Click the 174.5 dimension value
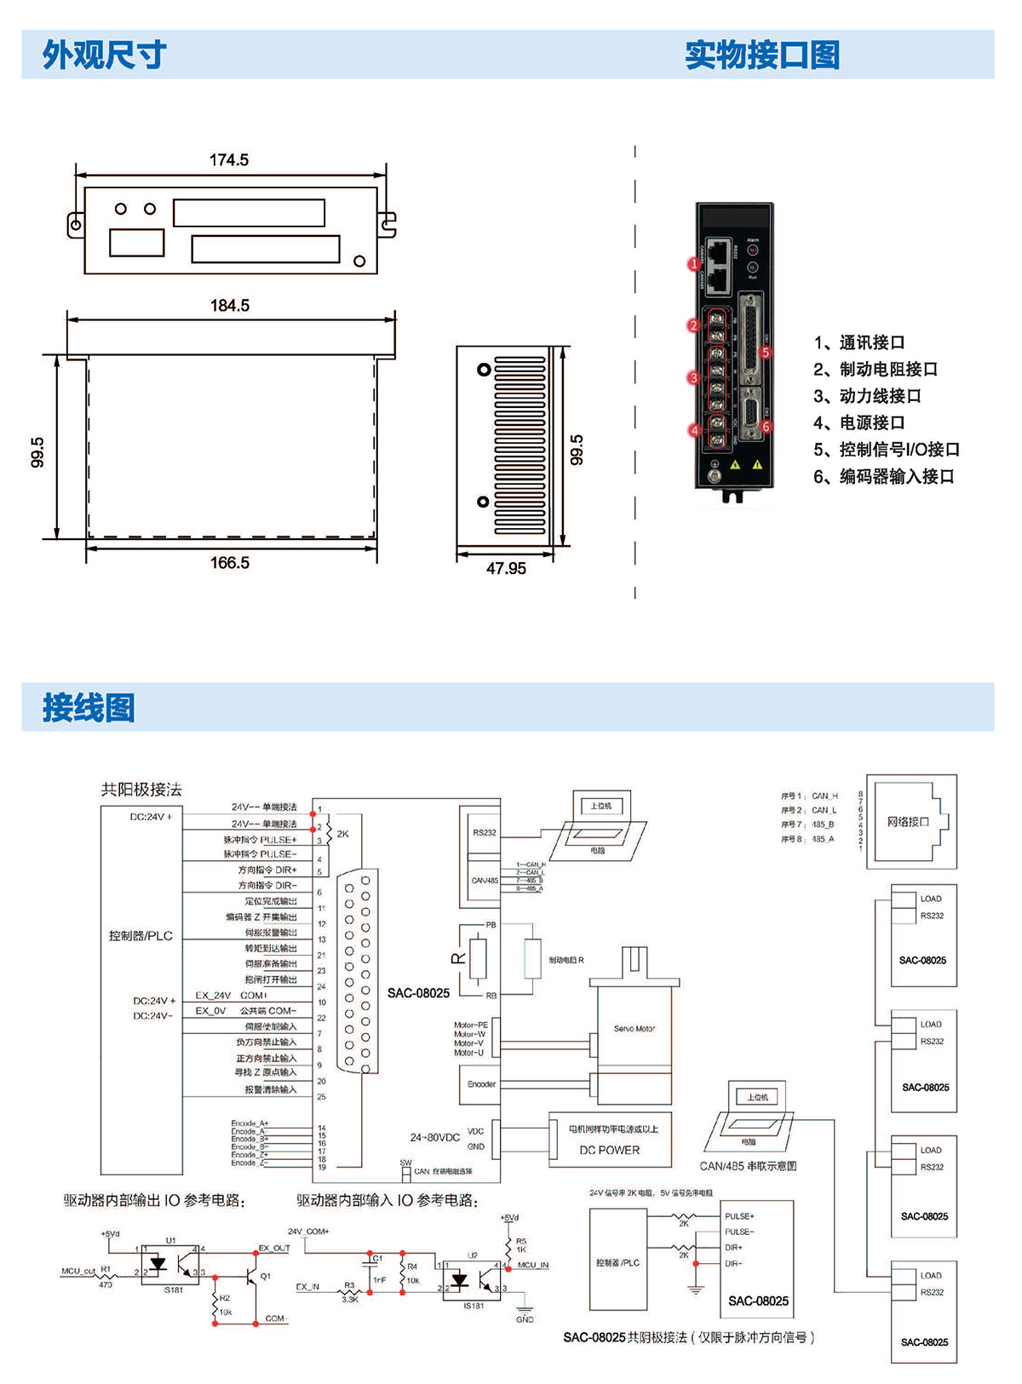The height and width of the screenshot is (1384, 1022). click(x=229, y=160)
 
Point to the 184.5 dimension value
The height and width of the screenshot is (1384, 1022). click(x=230, y=306)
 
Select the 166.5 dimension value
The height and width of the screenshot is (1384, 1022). click(x=230, y=563)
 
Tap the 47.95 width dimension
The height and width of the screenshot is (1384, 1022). click(x=506, y=568)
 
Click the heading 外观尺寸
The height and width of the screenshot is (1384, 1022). click(x=104, y=55)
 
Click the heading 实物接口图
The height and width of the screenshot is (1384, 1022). click(x=762, y=55)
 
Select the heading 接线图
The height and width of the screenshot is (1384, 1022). click(x=89, y=708)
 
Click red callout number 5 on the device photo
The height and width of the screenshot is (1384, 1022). click(x=766, y=353)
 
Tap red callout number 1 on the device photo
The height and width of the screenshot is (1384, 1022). click(x=693, y=264)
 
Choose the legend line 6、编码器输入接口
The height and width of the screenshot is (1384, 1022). click(x=883, y=476)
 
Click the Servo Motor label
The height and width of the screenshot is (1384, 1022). click(x=634, y=1029)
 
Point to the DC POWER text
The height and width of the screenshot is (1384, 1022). click(x=610, y=1150)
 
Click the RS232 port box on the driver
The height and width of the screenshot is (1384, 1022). click(x=484, y=833)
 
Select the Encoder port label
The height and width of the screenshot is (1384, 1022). click(x=481, y=1084)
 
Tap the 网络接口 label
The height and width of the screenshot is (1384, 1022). click(x=908, y=822)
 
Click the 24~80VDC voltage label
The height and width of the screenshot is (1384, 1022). click(x=434, y=1137)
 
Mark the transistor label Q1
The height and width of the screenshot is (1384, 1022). click(x=266, y=1276)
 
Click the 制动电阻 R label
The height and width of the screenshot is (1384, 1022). click(x=566, y=960)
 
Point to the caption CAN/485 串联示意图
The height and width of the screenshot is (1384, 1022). click(x=748, y=1166)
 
